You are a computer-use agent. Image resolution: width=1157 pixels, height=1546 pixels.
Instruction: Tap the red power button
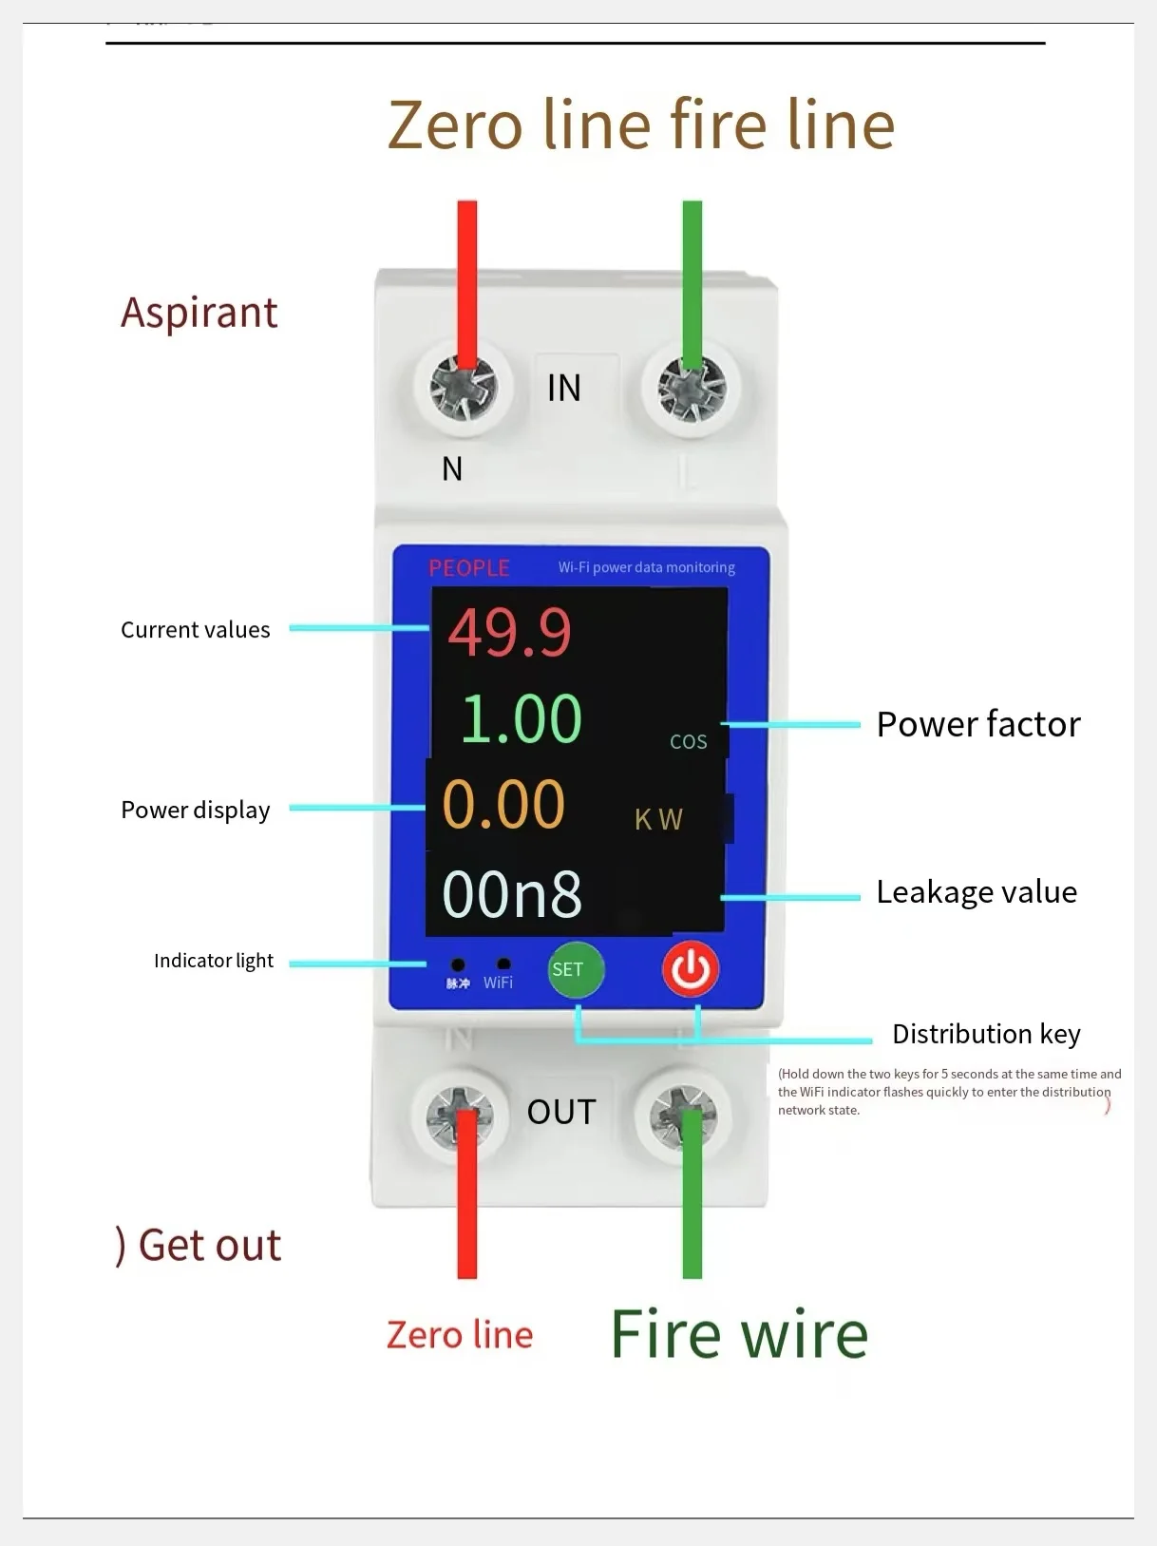click(x=691, y=969)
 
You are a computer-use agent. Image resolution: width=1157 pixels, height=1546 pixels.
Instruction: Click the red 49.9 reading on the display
click(x=510, y=633)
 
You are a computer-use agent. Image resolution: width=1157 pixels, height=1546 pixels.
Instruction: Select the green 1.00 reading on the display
click(x=521, y=718)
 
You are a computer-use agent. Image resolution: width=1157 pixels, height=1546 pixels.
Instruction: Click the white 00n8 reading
click(x=512, y=894)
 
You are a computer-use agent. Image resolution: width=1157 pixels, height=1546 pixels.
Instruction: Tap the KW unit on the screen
click(x=658, y=819)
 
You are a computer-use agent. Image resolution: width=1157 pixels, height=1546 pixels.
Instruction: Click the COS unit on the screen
click(x=689, y=742)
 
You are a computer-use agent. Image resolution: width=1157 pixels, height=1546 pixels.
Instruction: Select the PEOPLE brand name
click(x=469, y=568)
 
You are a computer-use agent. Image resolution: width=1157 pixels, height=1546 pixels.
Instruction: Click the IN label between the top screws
click(x=564, y=388)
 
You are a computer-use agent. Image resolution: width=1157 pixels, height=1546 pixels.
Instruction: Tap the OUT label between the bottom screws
click(x=561, y=1112)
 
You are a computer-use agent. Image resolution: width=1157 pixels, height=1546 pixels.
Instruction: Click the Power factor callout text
click(x=978, y=724)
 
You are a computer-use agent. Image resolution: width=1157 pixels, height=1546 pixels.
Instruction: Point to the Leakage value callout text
click(x=977, y=892)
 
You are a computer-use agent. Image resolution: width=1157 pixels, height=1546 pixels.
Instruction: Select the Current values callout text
click(x=196, y=630)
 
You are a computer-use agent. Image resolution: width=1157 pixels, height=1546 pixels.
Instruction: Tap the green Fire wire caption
click(x=739, y=1334)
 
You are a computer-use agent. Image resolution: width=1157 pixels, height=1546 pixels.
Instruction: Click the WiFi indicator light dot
click(x=503, y=964)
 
